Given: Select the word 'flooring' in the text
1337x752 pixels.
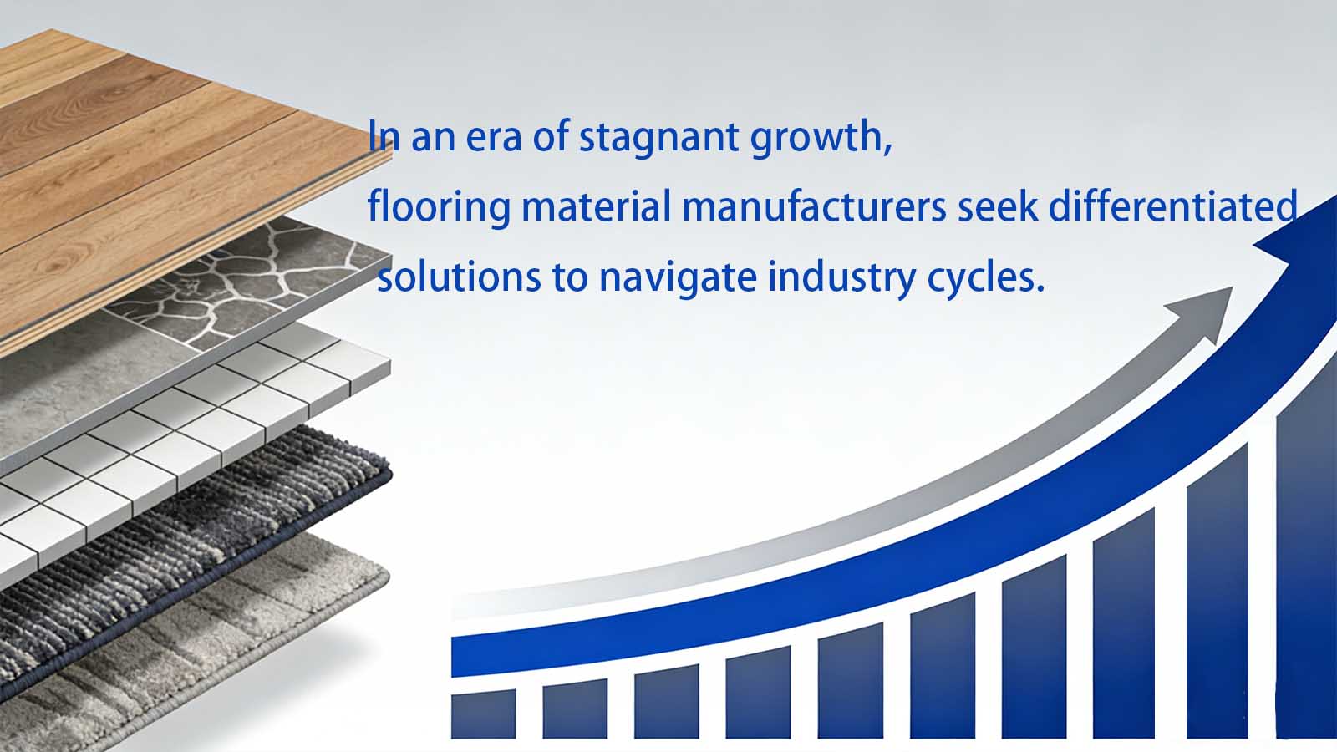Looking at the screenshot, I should pos(438,206).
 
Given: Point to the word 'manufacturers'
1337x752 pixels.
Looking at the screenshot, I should pos(814,206).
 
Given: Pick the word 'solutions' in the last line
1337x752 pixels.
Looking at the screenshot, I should pos(459,277).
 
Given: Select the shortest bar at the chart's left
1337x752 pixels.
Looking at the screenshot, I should pos(483,715).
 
